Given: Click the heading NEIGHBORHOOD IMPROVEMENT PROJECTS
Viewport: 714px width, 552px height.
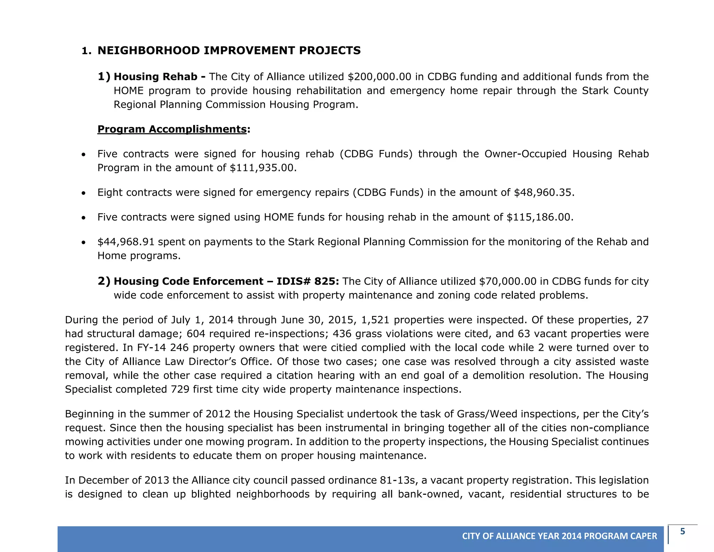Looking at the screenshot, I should [x=229, y=51].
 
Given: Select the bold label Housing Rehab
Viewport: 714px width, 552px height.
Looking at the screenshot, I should [x=155, y=77].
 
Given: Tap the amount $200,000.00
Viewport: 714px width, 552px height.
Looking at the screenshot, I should [x=379, y=77].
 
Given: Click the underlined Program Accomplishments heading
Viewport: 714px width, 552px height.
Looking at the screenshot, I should [x=172, y=129].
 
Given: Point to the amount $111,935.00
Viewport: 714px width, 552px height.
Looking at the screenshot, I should [x=263, y=168].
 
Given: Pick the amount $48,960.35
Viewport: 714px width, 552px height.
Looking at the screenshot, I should [x=544, y=193].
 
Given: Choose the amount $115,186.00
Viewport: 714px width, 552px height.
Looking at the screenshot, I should [x=539, y=217].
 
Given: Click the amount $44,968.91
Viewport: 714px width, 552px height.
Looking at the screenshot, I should [x=126, y=242].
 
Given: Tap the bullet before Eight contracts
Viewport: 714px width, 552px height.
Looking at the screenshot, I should [x=83, y=193].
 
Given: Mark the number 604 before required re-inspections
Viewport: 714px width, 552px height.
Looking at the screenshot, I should [x=196, y=334].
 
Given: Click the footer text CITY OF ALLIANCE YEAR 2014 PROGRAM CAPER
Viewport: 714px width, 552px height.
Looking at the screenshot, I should [x=559, y=536].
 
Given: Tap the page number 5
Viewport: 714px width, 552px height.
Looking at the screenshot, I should [x=682, y=532].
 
